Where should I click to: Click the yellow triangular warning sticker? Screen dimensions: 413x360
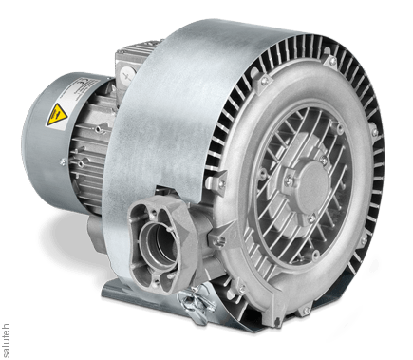point(56,114)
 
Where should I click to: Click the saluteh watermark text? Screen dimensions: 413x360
point(7,340)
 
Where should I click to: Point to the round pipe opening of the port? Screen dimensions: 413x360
point(160,245)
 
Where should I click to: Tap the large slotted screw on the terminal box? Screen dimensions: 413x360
point(127,76)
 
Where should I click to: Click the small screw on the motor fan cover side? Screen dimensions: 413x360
point(63,162)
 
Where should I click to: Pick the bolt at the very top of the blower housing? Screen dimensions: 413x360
point(332,61)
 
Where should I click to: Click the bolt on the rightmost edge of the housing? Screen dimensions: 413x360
point(374,132)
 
